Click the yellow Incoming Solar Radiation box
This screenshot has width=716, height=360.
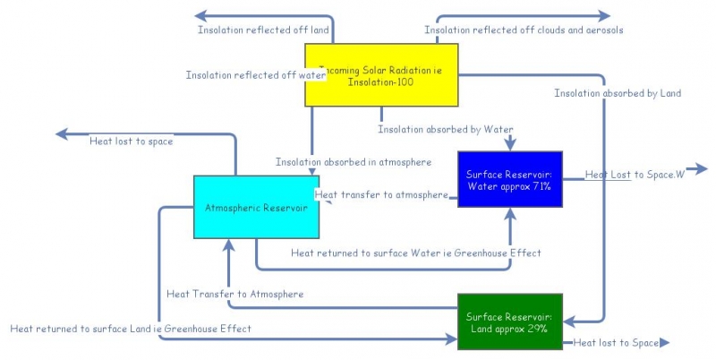[381, 75]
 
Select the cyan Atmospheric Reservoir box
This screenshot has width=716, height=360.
[257, 207]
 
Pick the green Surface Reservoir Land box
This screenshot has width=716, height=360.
[509, 322]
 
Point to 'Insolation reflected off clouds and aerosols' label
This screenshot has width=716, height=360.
[524, 30]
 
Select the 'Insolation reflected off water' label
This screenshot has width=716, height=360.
[256, 75]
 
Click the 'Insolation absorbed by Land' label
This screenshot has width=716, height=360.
[618, 93]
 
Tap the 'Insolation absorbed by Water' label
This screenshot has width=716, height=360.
[446, 130]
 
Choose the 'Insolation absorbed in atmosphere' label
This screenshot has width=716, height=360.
[354, 162]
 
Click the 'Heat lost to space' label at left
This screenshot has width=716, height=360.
[131, 141]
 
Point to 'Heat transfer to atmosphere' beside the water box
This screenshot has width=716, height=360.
[381, 194]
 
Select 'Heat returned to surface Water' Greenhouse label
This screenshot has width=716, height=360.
[415, 253]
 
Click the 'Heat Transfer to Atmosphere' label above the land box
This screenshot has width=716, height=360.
[234, 294]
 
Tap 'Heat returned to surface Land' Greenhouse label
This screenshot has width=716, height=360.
[131, 329]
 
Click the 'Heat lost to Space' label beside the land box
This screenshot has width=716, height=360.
[615, 342]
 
